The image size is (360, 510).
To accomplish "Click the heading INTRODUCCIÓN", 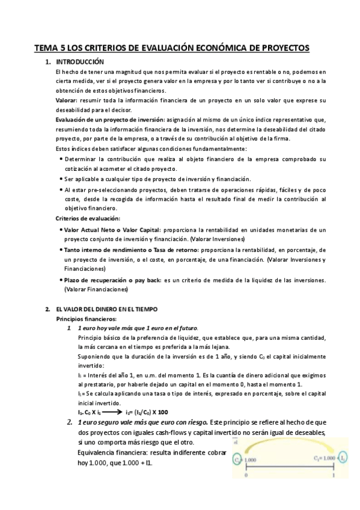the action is pos(80,62).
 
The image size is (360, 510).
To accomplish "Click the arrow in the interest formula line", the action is pos(112,412).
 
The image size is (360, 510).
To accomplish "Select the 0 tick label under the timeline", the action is pos(246,475).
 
